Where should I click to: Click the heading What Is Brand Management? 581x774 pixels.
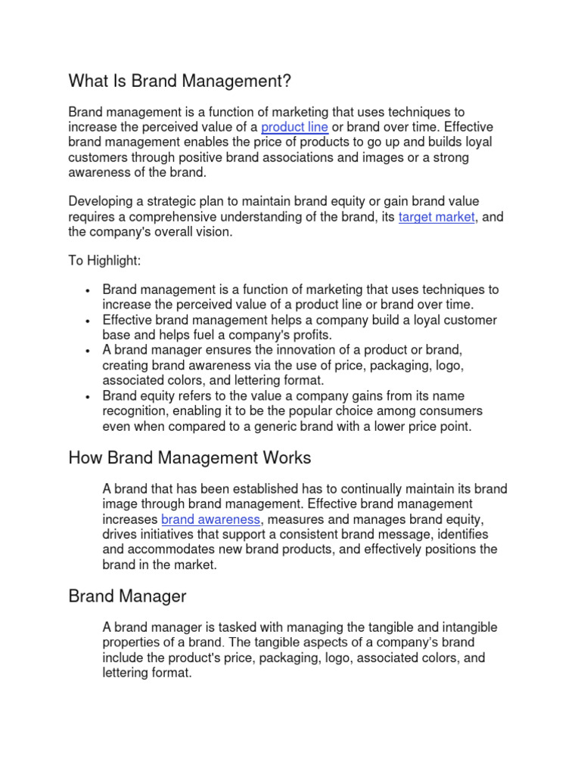point(179,80)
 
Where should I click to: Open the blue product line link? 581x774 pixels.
point(294,127)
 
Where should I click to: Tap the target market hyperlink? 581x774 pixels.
point(437,217)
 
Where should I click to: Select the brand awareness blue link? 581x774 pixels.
point(211,519)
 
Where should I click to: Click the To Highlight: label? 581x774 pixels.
point(104,261)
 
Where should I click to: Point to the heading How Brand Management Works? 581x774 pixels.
point(189,458)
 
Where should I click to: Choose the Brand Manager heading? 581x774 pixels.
point(127,596)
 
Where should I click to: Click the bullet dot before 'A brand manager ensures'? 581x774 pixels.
point(89,351)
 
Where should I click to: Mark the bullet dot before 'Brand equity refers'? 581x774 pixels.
point(89,397)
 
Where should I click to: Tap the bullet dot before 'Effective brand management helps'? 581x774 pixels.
point(89,320)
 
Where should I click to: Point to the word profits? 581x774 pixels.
point(309,335)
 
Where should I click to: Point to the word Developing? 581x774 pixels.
point(99,202)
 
